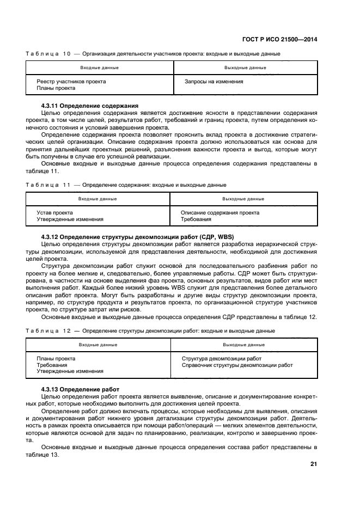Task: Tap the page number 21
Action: pyautogui.click(x=314, y=464)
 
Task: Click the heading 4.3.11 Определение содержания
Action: pyautogui.click(x=90, y=105)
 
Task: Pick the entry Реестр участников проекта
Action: pyautogui.click(x=71, y=81)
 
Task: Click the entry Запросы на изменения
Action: pyautogui.click(x=214, y=81)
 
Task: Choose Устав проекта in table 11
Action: pyautogui.click(x=54, y=212)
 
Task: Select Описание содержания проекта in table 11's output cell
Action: pyautogui.click(x=220, y=212)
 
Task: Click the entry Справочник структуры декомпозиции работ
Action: pyautogui.click(x=237, y=365)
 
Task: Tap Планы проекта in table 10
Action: pyautogui.click(x=56, y=88)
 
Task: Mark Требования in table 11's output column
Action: pyautogui.click(x=196, y=219)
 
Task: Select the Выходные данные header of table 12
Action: pyautogui.click(x=243, y=345)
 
